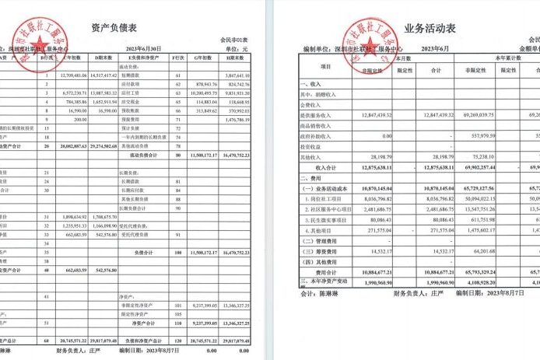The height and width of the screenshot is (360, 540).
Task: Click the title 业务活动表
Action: point(430,29)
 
